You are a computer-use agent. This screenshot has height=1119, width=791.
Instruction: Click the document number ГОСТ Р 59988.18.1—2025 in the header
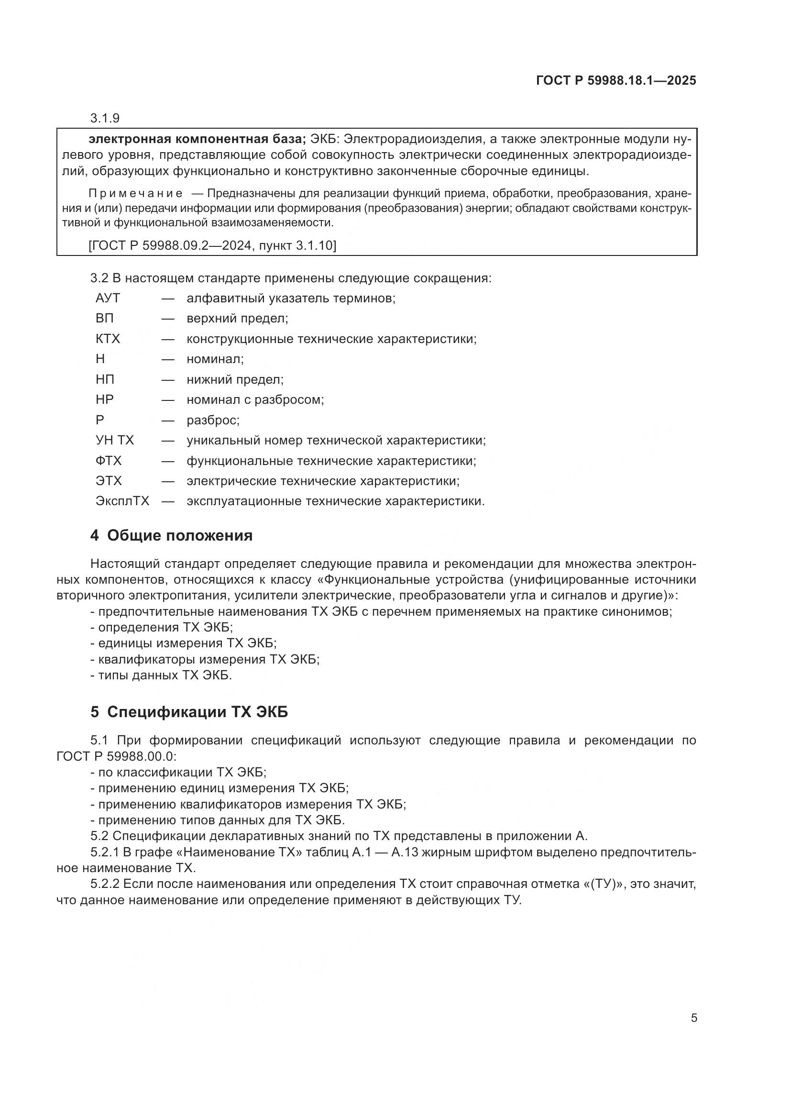point(615,81)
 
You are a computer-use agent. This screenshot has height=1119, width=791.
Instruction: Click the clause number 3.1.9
point(105,119)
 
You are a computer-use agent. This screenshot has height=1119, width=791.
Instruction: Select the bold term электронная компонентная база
point(197,139)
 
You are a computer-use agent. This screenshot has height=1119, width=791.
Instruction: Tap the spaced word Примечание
point(136,193)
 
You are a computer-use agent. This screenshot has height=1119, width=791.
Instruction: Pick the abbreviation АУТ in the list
point(108,298)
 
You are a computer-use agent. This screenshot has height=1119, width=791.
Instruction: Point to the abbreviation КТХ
point(108,339)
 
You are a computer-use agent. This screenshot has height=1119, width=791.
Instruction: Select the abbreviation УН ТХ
point(114,441)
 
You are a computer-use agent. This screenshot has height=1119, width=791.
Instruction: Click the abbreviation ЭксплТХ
point(122,501)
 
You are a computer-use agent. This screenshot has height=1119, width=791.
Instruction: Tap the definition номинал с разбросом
point(255,399)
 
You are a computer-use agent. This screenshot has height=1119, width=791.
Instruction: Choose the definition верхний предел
point(237,319)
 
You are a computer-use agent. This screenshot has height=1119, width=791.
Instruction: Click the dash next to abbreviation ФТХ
point(168,461)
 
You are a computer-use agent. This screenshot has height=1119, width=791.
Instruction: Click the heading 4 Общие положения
point(172,536)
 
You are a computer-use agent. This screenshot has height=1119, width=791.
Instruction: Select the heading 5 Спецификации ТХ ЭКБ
point(189,712)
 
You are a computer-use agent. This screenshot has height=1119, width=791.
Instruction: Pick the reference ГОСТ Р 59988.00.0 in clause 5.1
point(116,756)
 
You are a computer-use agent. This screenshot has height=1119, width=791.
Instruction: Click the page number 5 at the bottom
point(694,1018)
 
